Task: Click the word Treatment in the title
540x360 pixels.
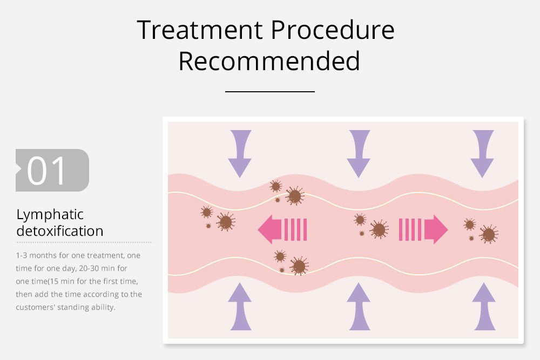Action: coord(200,30)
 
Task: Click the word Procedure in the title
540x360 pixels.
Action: coord(333,30)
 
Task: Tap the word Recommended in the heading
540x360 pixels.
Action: coord(269,61)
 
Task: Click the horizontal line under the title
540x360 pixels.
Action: coord(270,92)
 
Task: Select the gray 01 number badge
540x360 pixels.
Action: coord(52,170)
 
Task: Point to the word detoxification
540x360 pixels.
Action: coord(60,231)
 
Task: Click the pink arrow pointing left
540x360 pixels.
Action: coord(282,229)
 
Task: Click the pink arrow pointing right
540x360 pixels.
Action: coord(423,229)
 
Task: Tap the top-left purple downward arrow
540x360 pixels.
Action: coord(240,153)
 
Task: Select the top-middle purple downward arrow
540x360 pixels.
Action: coord(359,153)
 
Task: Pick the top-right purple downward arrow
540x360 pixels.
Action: coord(482,153)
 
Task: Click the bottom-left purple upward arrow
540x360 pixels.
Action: coord(240,307)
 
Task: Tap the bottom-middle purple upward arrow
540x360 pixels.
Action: coord(359,307)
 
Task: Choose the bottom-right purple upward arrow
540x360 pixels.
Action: coord(484,307)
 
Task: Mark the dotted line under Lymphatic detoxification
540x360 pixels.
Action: coord(84,242)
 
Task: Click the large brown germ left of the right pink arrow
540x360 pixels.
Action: coord(379,229)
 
